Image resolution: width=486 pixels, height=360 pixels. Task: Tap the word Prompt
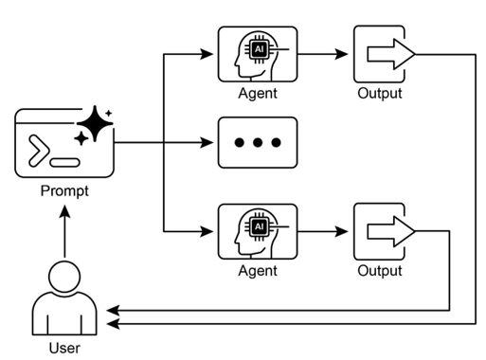65,190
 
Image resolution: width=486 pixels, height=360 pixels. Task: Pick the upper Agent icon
258,55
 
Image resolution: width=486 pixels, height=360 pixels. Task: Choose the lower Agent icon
258,231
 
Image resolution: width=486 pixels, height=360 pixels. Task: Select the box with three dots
258,143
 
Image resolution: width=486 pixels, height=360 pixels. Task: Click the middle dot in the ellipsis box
258,143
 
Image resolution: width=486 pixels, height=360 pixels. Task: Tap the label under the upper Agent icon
258,94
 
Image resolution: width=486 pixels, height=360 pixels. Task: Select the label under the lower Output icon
379,271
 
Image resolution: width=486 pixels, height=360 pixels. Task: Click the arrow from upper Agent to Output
324,55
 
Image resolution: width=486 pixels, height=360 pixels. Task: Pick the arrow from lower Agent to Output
324,231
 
